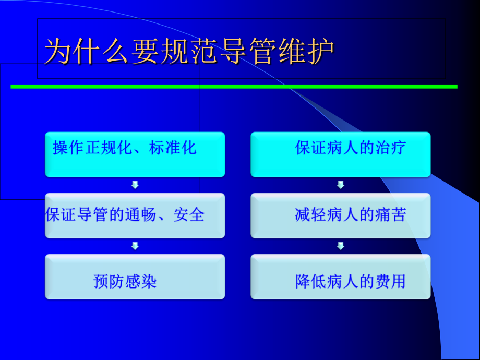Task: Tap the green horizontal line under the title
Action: [x=234, y=86]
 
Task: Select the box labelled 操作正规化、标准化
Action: [x=135, y=154]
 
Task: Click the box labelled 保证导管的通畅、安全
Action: [x=135, y=215]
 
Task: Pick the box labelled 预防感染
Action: [x=135, y=277]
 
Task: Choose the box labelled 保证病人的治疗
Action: [x=340, y=154]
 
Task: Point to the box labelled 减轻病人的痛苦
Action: [x=340, y=215]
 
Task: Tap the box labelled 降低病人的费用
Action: [x=340, y=277]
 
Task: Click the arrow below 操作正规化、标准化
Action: [x=135, y=185]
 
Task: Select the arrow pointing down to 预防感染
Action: [x=135, y=246]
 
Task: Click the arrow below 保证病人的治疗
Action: [x=341, y=185]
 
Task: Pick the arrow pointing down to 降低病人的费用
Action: [x=341, y=246]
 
